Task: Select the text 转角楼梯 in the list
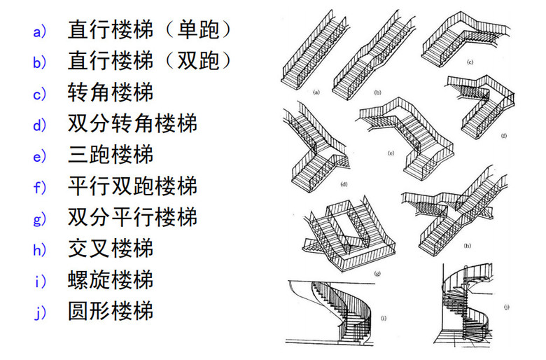coord(111,92)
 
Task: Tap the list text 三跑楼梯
coord(111,154)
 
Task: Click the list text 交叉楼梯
coord(111,247)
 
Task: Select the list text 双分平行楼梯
coord(132,216)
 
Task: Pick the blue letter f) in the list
coord(38,186)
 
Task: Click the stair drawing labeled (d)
coord(315,147)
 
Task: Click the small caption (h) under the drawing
coord(467,246)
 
